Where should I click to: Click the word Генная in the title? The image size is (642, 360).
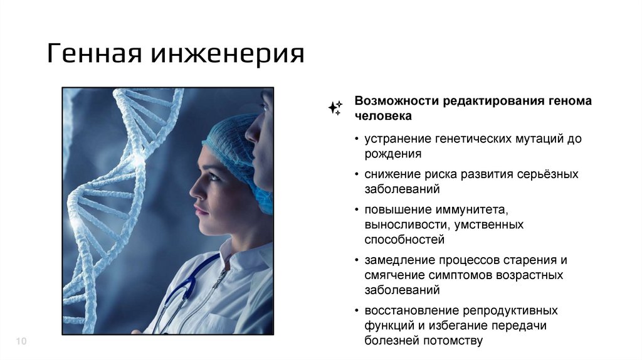point(93,53)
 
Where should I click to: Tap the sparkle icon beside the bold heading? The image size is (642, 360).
point(335,108)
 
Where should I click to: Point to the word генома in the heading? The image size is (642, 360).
point(571,101)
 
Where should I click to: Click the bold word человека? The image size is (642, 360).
point(384,116)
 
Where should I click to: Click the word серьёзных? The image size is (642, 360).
point(548,174)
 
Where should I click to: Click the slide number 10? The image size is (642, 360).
point(21,341)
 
